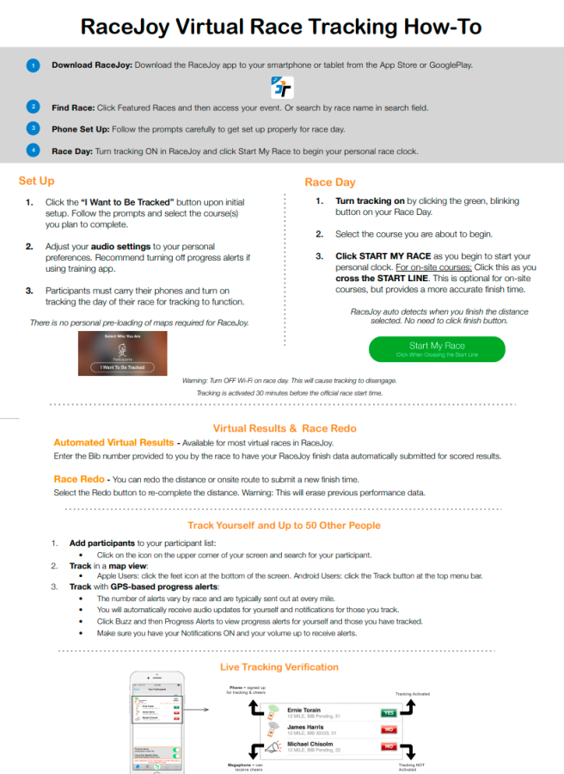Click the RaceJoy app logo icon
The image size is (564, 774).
(x=282, y=86)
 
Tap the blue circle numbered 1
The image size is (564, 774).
(x=33, y=65)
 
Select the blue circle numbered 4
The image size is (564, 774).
(x=33, y=150)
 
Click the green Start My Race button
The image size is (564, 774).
(x=437, y=348)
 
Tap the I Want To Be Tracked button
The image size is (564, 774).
(x=121, y=366)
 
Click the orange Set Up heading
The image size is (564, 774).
(x=36, y=181)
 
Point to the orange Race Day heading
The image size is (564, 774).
(x=330, y=182)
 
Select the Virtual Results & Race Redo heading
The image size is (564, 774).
(x=284, y=427)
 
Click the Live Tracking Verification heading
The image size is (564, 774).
(x=279, y=666)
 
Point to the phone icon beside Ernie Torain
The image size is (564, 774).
(x=273, y=711)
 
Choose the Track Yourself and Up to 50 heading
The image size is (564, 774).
(x=284, y=525)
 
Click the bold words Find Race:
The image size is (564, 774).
(x=72, y=107)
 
